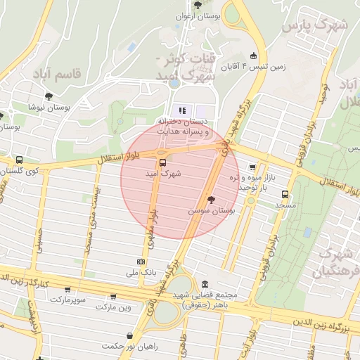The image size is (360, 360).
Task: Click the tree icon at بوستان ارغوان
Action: tap(197, 4)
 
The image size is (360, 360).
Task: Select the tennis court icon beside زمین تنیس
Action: tap(253, 56)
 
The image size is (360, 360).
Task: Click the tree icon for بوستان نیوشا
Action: tap(49, 96)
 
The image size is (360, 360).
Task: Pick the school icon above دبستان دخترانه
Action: tap(184, 110)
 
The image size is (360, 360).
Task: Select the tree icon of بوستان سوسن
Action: tap(211, 200)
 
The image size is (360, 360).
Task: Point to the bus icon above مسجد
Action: tap(285, 193)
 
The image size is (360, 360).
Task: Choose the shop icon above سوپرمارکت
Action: tap(67, 289)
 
